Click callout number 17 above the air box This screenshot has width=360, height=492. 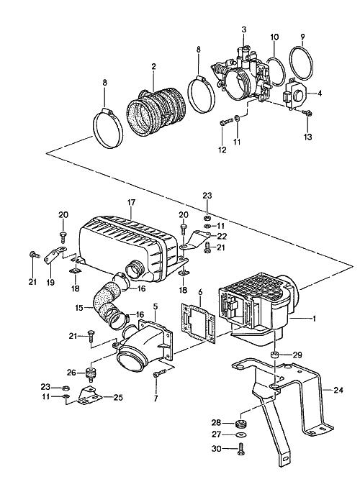tap(131, 202)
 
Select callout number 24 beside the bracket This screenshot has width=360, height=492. tap(338, 391)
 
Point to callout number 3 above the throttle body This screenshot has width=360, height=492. tap(244, 29)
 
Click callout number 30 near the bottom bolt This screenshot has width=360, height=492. tap(217, 449)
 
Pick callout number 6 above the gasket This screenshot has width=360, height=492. tap(200, 293)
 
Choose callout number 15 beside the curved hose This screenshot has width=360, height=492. tap(79, 308)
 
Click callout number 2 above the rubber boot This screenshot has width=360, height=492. tap(153, 66)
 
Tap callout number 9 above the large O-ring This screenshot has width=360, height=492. tap(302, 37)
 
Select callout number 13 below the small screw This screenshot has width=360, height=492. tap(308, 137)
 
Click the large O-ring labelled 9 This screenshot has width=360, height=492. tap(301, 63)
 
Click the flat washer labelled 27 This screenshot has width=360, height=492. tap(241, 434)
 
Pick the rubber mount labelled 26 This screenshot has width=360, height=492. tap(91, 374)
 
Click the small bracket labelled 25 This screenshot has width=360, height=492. tap(90, 396)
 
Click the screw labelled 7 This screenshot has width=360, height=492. tap(161, 373)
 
